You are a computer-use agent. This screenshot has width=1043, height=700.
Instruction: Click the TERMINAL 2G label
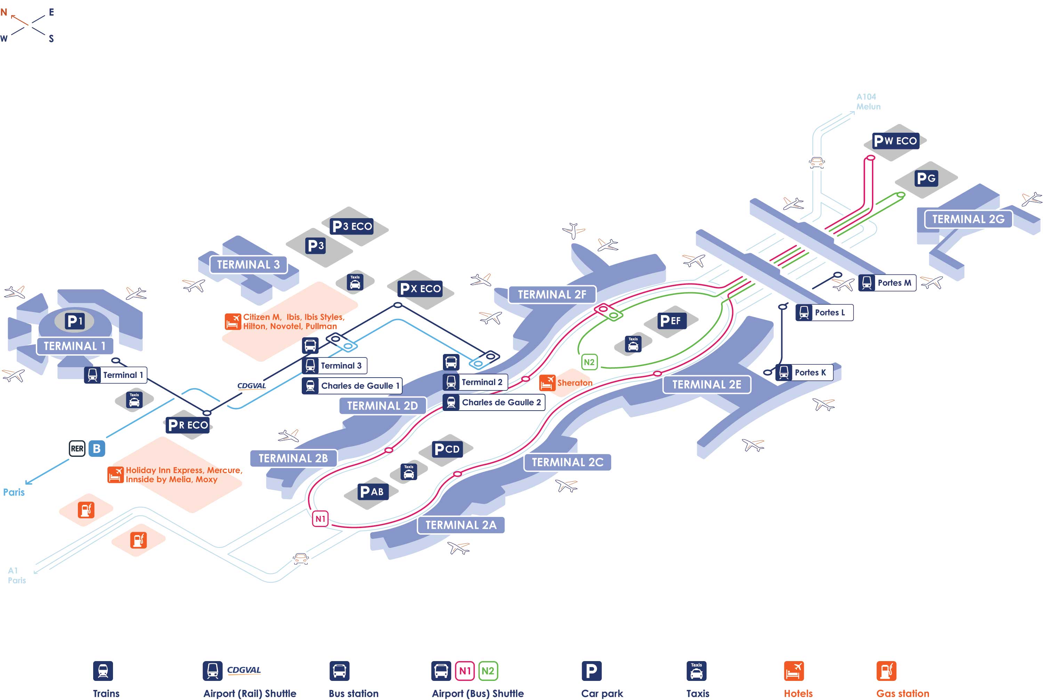tap(968, 219)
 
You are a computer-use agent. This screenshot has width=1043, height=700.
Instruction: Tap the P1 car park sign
tap(75, 321)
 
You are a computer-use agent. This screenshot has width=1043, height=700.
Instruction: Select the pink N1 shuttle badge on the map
tap(320, 519)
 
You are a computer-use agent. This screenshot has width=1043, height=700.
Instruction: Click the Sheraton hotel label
tap(574, 382)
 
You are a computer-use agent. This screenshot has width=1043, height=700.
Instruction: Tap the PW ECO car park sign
tap(895, 141)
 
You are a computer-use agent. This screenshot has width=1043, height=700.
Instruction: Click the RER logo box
tap(77, 449)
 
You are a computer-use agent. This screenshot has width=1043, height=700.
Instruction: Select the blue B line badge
tap(97, 449)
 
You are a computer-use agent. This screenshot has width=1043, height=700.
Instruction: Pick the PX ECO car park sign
tap(420, 289)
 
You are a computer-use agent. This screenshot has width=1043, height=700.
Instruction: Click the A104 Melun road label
tap(867, 102)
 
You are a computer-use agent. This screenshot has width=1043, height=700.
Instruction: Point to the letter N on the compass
tap(4, 13)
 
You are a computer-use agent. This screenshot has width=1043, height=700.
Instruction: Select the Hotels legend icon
tap(793, 671)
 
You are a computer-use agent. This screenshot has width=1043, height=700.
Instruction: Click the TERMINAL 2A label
tap(461, 525)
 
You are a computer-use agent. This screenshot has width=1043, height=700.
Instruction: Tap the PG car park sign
tap(926, 179)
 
